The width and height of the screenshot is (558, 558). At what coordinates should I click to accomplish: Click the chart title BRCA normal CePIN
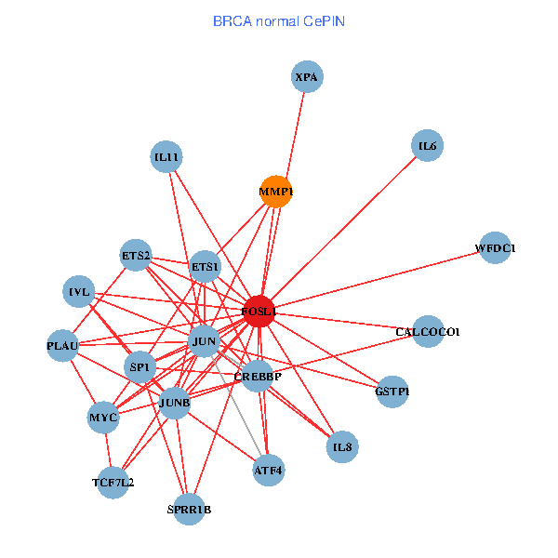coord(279,20)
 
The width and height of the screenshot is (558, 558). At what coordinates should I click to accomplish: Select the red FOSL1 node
coord(259,312)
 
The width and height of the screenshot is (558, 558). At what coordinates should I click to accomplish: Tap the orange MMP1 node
coord(276,192)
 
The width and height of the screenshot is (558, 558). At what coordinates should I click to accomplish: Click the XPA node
coord(307,77)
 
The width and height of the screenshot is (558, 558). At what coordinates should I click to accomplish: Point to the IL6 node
coord(427,145)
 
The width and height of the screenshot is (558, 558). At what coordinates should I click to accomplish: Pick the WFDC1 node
coord(495,248)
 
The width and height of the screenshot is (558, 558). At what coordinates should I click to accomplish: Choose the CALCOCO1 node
coord(427,331)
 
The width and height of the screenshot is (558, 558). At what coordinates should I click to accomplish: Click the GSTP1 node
coord(392,391)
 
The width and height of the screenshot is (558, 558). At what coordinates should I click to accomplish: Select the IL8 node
coord(342,447)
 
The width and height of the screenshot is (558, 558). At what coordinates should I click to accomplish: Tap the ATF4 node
coord(268,471)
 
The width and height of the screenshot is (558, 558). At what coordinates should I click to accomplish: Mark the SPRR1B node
coord(189,509)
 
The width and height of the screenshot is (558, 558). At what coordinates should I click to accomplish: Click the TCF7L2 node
coord(113,482)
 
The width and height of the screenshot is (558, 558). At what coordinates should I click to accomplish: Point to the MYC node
coord(103,418)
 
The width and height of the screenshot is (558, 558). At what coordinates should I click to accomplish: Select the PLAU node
coord(62,346)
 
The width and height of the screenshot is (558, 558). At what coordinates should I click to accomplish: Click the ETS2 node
coord(137,255)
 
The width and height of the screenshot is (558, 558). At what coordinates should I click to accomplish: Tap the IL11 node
coord(166,157)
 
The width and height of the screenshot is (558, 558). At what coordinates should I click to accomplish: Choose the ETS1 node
coord(205,267)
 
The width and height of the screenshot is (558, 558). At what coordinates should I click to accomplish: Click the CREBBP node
coord(257,377)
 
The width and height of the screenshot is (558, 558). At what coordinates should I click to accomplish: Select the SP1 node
coord(140,366)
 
